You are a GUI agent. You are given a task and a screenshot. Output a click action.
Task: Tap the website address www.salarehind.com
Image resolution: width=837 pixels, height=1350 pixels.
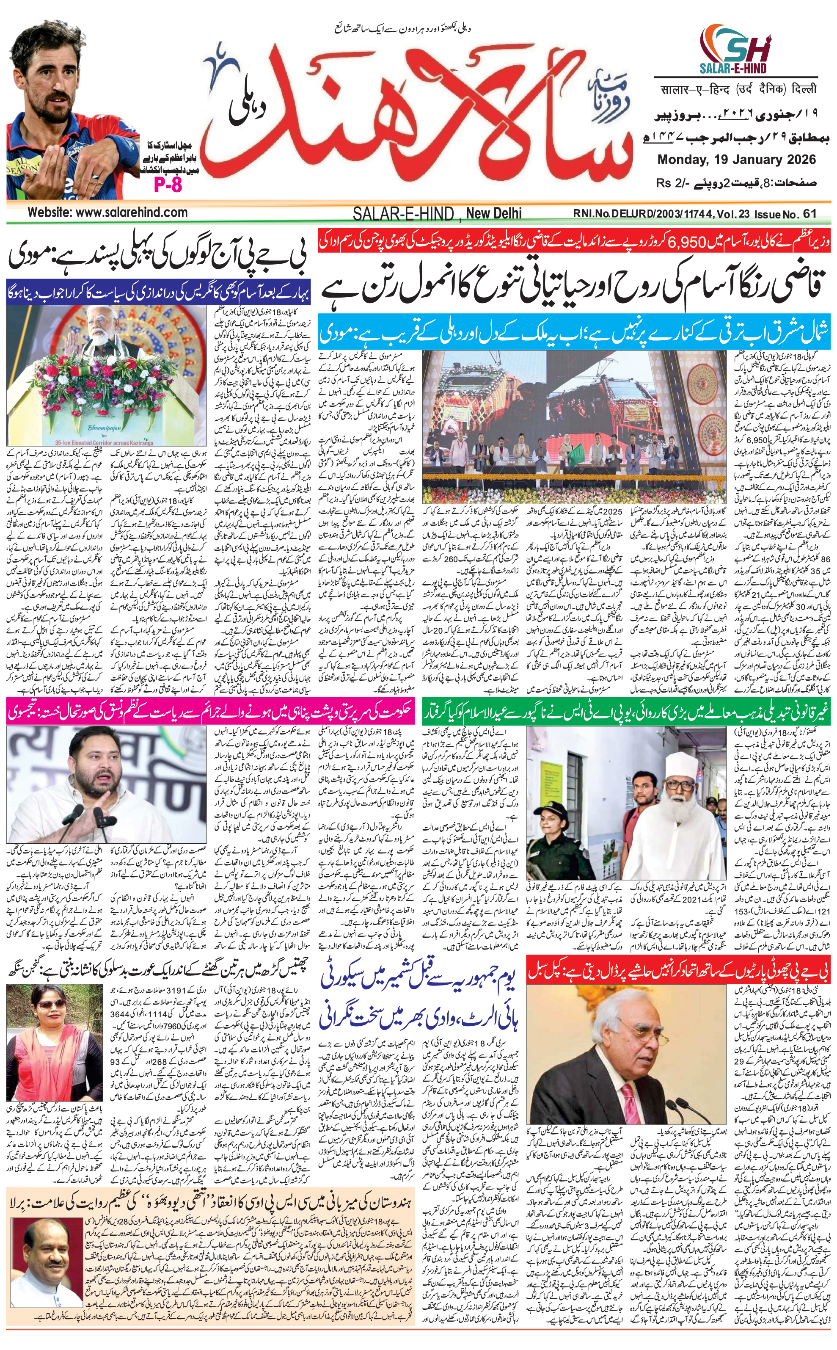tap(107, 212)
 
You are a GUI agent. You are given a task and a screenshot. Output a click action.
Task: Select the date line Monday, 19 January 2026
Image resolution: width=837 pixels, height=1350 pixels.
tap(736, 160)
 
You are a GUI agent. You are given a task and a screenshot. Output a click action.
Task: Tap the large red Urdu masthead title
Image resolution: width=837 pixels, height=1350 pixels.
tap(421, 111)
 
